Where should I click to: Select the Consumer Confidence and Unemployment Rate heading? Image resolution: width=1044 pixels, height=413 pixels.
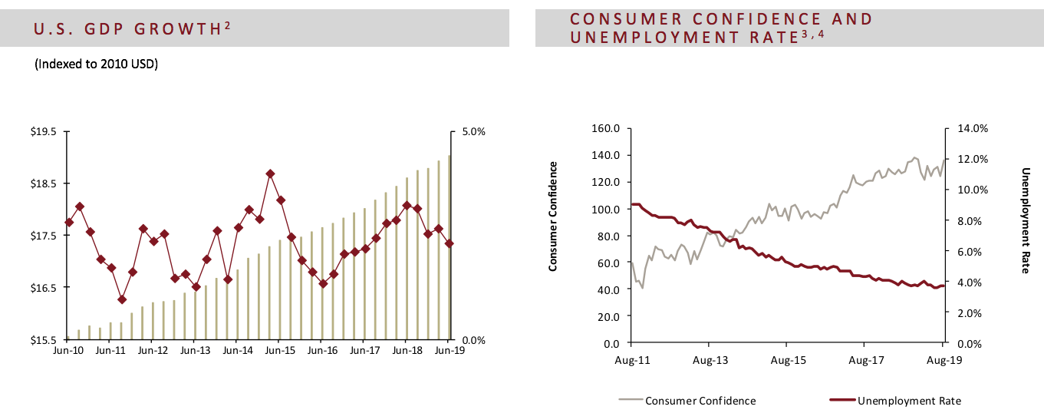click(721, 28)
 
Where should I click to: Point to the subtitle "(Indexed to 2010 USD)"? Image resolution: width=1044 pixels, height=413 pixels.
click(97, 64)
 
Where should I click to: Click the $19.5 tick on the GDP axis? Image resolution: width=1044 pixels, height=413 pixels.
click(44, 132)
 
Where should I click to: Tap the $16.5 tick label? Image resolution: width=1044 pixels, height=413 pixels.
click(44, 288)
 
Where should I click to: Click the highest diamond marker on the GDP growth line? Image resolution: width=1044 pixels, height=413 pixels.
click(270, 174)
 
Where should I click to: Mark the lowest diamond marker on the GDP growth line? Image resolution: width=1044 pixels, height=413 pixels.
click(122, 299)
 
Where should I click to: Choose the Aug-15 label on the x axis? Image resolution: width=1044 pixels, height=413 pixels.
click(788, 358)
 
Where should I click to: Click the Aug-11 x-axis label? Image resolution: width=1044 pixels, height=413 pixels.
click(631, 358)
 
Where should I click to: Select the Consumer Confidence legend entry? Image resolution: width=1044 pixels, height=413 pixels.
click(700, 401)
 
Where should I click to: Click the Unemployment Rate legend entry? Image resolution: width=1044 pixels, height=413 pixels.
click(908, 401)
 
